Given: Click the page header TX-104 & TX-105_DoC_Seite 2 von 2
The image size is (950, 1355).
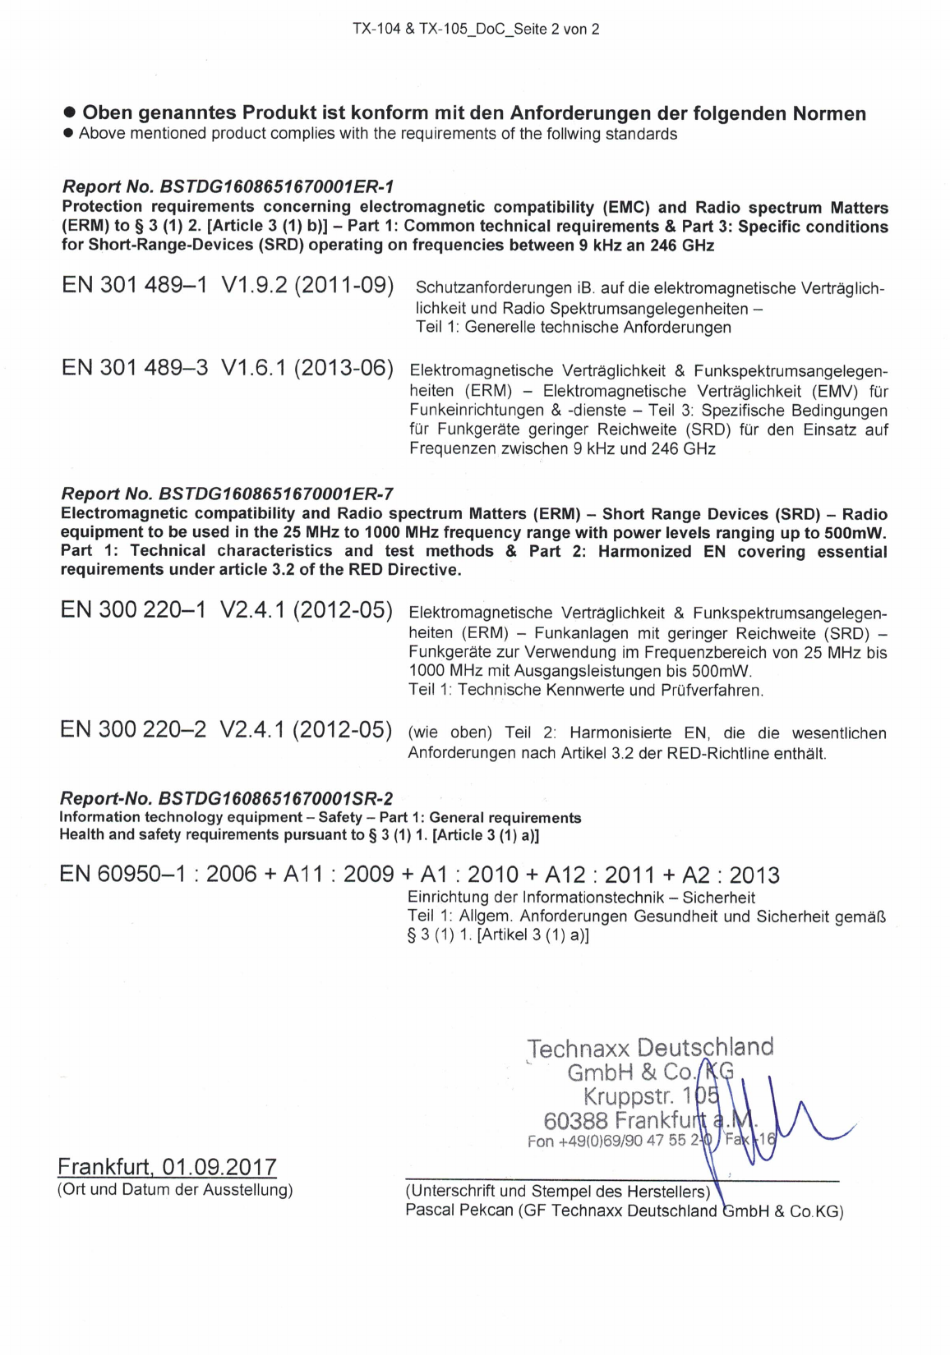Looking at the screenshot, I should pyautogui.click(x=476, y=30).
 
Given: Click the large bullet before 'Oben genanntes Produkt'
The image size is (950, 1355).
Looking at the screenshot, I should pyautogui.click(x=70, y=113).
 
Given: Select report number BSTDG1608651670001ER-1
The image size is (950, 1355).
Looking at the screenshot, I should pyautogui.click(x=277, y=187).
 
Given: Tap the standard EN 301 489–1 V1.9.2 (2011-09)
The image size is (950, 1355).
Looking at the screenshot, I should pyautogui.click(x=228, y=286).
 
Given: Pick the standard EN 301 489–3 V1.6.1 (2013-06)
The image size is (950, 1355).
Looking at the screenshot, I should pyautogui.click(x=228, y=367).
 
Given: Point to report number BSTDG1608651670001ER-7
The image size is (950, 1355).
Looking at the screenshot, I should pyautogui.click(x=275, y=494).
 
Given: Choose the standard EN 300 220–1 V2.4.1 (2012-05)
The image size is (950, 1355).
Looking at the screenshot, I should pyautogui.click(x=226, y=610).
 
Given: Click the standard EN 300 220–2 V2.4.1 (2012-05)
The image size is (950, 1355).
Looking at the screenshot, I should pyautogui.click(x=226, y=729).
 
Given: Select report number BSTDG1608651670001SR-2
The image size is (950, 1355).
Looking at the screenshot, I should pyautogui.click(x=275, y=798).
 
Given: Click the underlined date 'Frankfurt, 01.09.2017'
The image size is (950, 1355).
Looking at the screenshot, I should pyautogui.click(x=167, y=1167).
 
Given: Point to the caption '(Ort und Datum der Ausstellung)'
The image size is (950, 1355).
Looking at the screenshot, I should pyautogui.click(x=175, y=1189).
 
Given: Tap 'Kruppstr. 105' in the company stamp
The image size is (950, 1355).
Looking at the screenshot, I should pyautogui.click(x=651, y=1096).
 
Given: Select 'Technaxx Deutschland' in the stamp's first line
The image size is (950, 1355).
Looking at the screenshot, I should pyautogui.click(x=650, y=1048).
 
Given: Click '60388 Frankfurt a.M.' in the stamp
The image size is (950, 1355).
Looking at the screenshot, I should pyautogui.click(x=649, y=1120).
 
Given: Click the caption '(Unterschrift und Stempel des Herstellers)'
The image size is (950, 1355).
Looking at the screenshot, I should pyautogui.click(x=557, y=1191).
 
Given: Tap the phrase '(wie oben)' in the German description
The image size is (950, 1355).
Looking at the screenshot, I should pyautogui.click(x=450, y=733).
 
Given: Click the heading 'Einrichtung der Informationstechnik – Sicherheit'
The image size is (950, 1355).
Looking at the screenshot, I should pyautogui.click(x=581, y=898).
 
